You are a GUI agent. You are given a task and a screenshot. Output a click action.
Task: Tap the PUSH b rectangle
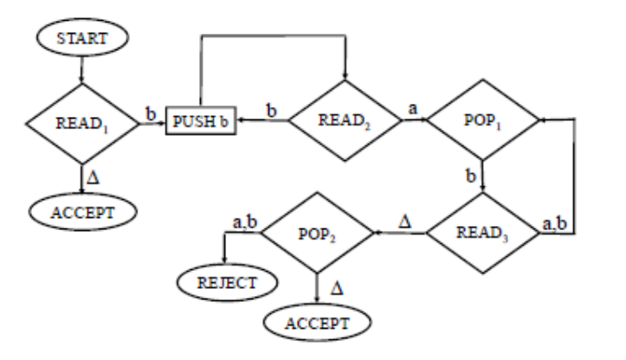(203, 124)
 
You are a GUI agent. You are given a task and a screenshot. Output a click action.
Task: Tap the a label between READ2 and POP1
(414, 111)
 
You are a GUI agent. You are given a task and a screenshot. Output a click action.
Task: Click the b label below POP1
(470, 177)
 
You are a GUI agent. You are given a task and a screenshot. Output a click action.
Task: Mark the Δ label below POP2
(337, 285)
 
